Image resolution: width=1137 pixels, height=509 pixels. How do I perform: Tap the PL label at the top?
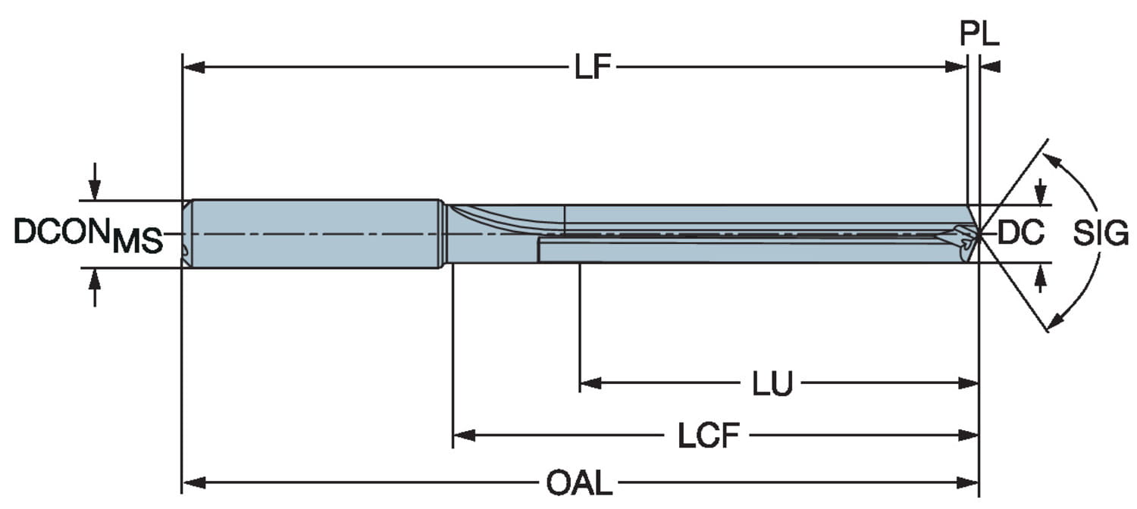[979, 34]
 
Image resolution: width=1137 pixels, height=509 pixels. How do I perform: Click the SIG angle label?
[1101, 234]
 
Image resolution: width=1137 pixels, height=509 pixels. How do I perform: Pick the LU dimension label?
[772, 384]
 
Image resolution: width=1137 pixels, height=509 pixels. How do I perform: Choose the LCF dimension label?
[707, 436]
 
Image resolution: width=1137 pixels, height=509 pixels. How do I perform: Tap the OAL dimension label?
[579, 482]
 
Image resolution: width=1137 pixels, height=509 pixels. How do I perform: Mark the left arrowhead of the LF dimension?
[193, 67]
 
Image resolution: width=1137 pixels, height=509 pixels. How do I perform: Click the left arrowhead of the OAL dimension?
[193, 482]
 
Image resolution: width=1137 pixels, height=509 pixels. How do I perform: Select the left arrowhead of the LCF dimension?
[463, 435]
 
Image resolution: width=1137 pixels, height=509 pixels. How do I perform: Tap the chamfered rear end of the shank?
[186, 233]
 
